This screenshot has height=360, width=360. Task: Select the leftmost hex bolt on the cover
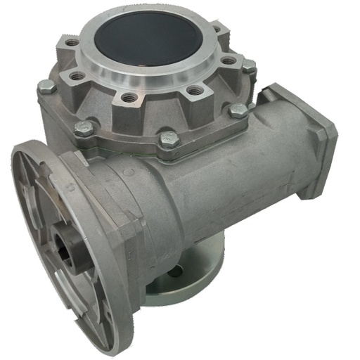pyautogui.click(x=47, y=86)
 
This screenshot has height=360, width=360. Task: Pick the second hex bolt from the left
pyautogui.click(x=84, y=129)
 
